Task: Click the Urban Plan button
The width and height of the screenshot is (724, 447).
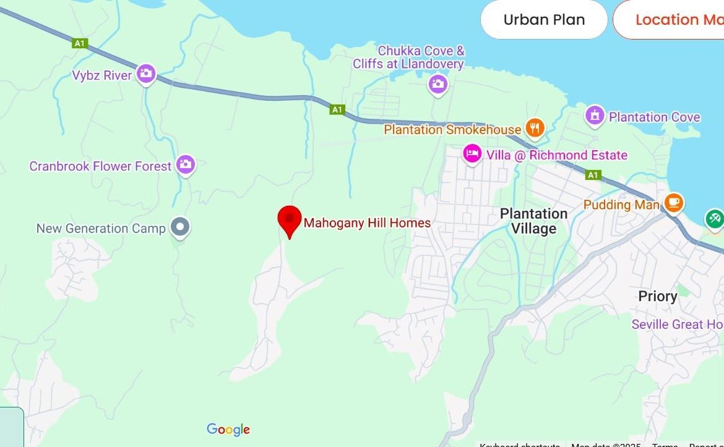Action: (x=543, y=20)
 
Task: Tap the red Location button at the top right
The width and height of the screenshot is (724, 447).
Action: (x=671, y=20)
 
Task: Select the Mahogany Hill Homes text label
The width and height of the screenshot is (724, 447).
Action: (x=367, y=223)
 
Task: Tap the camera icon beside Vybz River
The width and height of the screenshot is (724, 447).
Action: (x=146, y=74)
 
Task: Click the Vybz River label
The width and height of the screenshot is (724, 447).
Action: (x=102, y=75)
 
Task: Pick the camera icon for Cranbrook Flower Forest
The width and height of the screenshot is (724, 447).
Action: (x=185, y=164)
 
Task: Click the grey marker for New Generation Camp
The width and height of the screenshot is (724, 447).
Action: (x=180, y=227)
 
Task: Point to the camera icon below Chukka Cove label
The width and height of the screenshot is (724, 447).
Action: (x=437, y=83)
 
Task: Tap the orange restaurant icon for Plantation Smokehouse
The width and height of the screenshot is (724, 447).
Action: (x=535, y=128)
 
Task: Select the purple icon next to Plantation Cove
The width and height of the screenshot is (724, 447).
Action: (x=594, y=115)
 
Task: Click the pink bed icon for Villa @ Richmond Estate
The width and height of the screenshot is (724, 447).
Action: (x=472, y=153)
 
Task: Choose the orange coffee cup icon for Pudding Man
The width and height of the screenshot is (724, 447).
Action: (x=673, y=202)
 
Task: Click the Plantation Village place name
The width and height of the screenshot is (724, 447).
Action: (x=533, y=221)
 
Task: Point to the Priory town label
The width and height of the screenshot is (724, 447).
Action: (x=657, y=296)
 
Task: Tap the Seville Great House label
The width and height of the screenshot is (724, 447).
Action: (x=677, y=324)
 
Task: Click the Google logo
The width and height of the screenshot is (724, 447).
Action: (x=228, y=430)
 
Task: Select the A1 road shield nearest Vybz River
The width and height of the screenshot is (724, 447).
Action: (x=79, y=43)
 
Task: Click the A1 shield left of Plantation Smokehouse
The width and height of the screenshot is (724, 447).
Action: (x=337, y=109)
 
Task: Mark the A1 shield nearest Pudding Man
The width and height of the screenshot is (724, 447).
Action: (x=593, y=175)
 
